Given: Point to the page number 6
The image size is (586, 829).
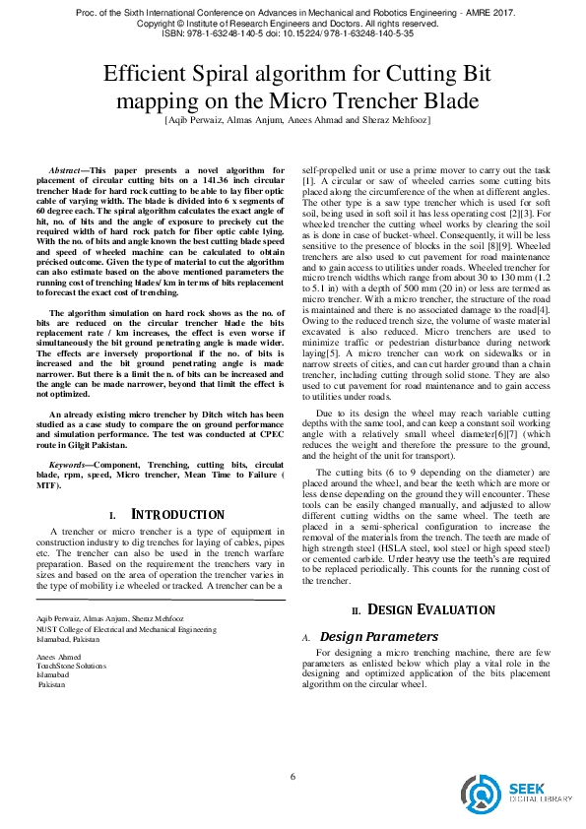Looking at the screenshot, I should pos(293,778).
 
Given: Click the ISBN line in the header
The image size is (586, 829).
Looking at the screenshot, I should pos(293,32).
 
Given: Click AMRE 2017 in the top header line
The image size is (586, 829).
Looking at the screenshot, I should pos(486,11).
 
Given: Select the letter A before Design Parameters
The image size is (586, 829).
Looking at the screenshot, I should pos(306,638).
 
